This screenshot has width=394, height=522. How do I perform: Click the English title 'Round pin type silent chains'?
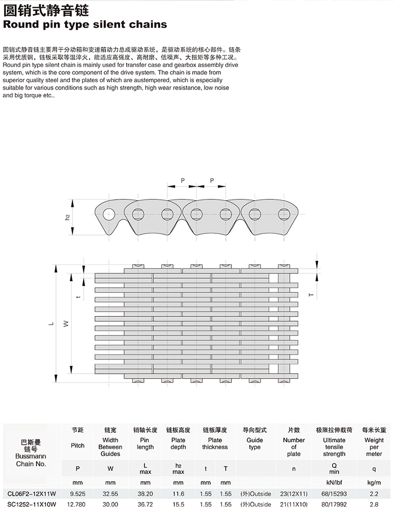point(85,24)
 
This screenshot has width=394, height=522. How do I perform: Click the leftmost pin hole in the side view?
point(108,214)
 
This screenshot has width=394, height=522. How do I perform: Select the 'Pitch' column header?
point(77,445)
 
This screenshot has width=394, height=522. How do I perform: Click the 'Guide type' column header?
point(255,443)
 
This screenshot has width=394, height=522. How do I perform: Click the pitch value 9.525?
point(77,492)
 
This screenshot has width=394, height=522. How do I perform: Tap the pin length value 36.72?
point(145,505)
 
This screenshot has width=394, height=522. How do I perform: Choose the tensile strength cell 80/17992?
point(334,505)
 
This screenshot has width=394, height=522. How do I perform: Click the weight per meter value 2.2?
point(374,492)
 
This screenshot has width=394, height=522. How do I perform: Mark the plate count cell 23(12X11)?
point(294,492)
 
